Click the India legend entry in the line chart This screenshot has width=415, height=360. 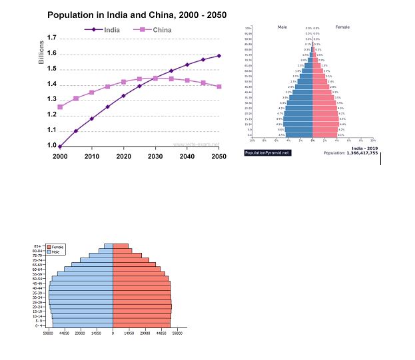pyautogui.click(x=111, y=30)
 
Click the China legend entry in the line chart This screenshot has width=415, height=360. pyautogui.click(x=161, y=30)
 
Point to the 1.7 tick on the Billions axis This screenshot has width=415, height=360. pyautogui.click(x=51, y=38)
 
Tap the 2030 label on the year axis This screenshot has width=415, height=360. pyautogui.click(x=155, y=156)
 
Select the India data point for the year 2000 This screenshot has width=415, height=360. pyautogui.click(x=60, y=146)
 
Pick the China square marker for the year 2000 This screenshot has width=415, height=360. pyautogui.click(x=60, y=106)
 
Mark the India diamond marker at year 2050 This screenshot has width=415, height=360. pyautogui.click(x=219, y=56)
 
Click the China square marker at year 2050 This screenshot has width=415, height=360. pyautogui.click(x=219, y=87)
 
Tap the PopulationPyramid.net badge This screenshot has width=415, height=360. pyautogui.click(x=268, y=153)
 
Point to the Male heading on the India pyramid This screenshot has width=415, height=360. pyautogui.click(x=282, y=27)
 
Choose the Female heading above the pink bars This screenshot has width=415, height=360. pyautogui.click(x=342, y=27)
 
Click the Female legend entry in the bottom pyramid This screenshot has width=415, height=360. pyautogui.click(x=59, y=247)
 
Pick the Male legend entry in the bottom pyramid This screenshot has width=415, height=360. pyautogui.click(x=57, y=252)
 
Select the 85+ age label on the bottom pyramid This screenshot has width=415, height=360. pyautogui.click(x=38, y=246)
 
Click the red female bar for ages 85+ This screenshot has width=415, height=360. pyautogui.click(x=121, y=246)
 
